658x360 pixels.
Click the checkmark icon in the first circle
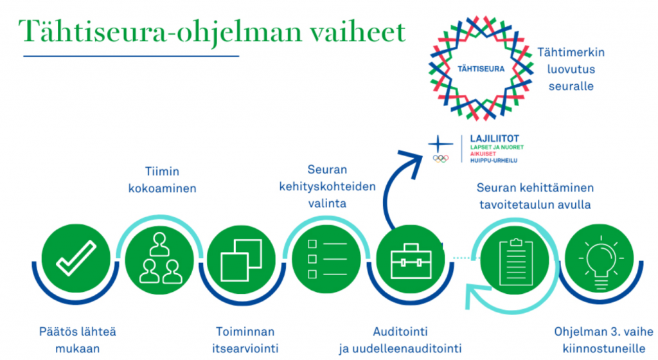point(76,258)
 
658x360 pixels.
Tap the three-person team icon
point(160,258)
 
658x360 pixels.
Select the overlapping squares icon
point(242,260)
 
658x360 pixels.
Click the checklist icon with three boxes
point(327,259)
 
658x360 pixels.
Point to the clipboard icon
point(516,262)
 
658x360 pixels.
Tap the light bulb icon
point(601,263)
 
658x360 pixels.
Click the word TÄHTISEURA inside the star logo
point(481,69)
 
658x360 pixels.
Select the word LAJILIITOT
point(494,138)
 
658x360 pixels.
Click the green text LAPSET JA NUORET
point(497,147)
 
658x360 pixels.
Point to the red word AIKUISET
point(483,154)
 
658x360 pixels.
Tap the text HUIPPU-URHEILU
point(493,160)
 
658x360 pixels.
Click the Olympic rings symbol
point(441,158)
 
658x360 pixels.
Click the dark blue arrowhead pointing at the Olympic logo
point(413,162)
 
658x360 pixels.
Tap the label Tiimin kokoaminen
point(163,179)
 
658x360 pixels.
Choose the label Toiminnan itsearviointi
point(245,340)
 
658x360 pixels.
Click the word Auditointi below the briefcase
point(400,332)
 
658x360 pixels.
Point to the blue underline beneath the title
point(131,56)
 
